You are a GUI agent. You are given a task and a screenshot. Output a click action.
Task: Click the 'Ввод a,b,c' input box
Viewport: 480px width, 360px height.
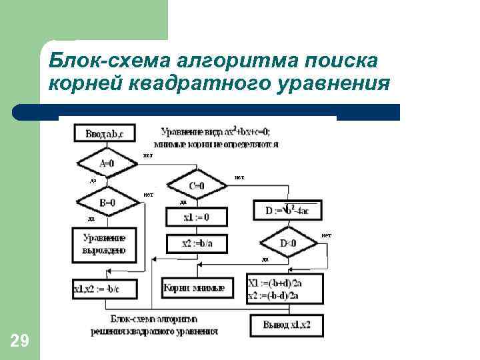click(x=105, y=133)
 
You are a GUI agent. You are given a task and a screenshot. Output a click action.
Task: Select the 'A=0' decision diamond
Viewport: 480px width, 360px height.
click(x=106, y=163)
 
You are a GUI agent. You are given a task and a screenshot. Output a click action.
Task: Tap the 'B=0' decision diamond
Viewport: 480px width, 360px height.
click(x=106, y=202)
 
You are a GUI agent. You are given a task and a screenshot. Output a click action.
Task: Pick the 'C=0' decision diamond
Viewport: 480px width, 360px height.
click(x=197, y=185)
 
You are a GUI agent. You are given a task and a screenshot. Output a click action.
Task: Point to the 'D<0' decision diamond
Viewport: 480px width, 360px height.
click(x=288, y=243)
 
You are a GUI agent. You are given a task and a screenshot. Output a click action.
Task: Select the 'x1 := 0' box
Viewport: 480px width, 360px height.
click(x=197, y=217)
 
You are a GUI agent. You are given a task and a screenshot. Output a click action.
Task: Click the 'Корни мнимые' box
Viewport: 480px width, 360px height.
click(x=197, y=288)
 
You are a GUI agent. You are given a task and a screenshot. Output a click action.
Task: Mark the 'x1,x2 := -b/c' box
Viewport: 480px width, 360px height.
click(x=105, y=289)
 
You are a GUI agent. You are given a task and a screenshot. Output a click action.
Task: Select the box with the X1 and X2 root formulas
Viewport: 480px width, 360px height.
click(x=285, y=288)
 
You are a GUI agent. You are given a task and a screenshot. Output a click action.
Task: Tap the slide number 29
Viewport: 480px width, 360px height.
click(x=20, y=342)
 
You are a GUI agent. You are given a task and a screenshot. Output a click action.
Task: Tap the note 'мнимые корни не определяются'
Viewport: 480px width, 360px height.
click(x=215, y=143)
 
